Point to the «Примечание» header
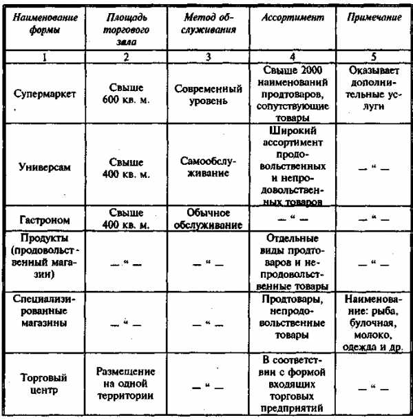click(372, 19)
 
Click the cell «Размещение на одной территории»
click(125, 383)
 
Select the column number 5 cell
click(372, 57)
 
